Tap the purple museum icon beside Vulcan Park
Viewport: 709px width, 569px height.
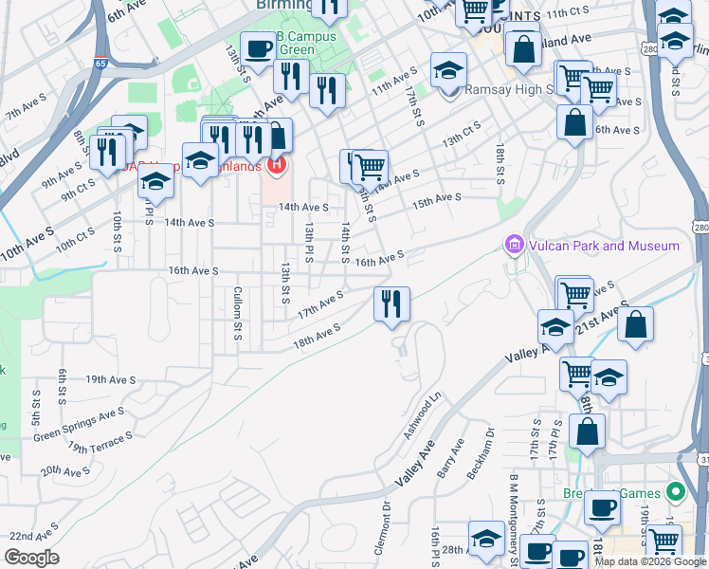pos(515,247)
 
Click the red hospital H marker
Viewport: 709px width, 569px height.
pos(276,168)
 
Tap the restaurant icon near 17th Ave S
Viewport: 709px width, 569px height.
pos(391,303)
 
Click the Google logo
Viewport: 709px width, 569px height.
pos(32,558)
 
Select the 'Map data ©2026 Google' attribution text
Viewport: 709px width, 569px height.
pos(651,561)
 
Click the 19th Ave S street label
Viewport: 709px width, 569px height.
pos(110,379)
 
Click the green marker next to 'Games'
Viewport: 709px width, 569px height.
pos(675,492)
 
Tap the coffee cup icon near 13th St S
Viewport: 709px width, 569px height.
pos(256,49)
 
